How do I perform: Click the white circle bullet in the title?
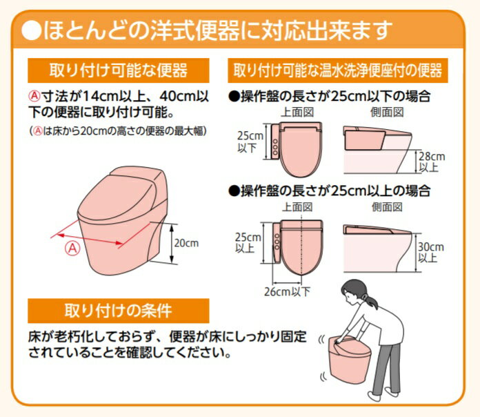coord(31,30)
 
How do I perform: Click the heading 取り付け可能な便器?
coord(119,70)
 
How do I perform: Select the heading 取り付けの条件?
coord(118,311)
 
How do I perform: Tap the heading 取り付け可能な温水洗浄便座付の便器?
coord(338,70)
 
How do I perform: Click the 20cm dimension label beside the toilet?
coord(186,243)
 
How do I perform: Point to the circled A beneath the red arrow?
coord(72,248)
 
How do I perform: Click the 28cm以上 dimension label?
coord(432,162)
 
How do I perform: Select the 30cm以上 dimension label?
coord(431,252)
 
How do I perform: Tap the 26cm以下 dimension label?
coord(287,291)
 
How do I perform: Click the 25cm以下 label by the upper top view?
coord(250,142)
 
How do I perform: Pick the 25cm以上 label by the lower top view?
coord(248,242)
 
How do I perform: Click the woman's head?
coord(355,291)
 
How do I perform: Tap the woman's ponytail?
coord(371,300)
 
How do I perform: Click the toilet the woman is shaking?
coord(350,359)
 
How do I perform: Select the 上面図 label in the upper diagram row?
coord(297,113)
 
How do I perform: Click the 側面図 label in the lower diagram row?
coord(387,207)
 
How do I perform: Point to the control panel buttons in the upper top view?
coord(275,147)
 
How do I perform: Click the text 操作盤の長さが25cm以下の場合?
coord(330,97)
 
